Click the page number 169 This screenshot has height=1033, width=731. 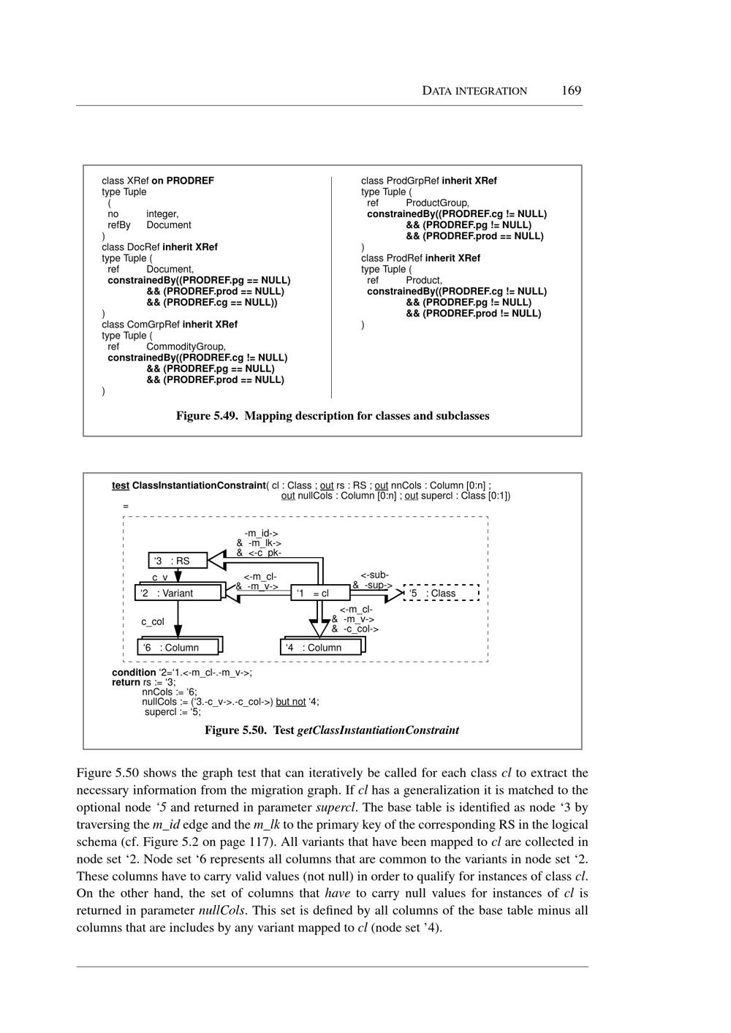(x=571, y=91)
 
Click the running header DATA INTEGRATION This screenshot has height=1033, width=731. (x=474, y=91)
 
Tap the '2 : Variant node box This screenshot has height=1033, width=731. (x=178, y=593)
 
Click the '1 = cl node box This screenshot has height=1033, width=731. (x=319, y=593)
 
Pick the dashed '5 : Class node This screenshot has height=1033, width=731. (x=441, y=593)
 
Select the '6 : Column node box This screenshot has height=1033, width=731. (x=179, y=647)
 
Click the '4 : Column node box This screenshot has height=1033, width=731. (x=322, y=647)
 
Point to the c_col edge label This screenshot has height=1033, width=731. (x=153, y=622)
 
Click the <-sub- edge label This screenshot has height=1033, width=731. (x=375, y=575)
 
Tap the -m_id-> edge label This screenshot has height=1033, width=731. (x=261, y=534)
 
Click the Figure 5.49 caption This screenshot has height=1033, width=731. (x=333, y=416)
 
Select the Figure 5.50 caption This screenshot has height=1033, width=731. (x=332, y=730)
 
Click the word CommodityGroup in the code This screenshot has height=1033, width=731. (x=186, y=347)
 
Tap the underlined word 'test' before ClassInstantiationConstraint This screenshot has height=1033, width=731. (x=120, y=485)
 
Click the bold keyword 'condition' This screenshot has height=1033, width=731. (x=134, y=672)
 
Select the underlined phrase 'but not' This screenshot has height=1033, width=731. (x=291, y=702)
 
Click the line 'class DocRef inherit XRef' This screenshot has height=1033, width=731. (x=159, y=247)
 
